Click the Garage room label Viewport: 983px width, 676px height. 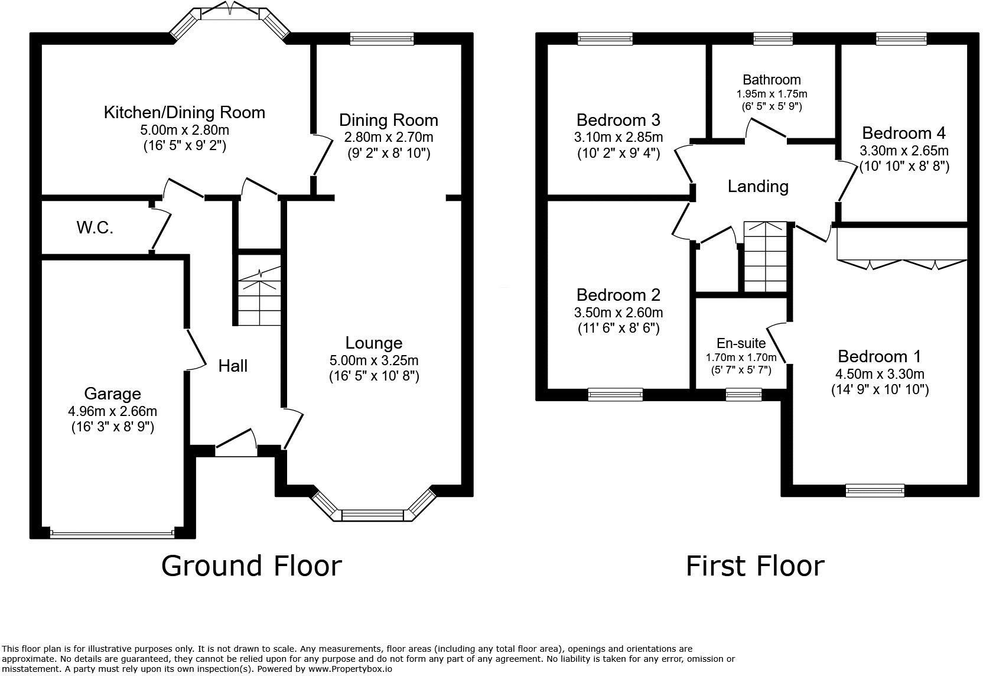[x=112, y=394]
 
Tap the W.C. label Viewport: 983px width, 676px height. [x=95, y=227]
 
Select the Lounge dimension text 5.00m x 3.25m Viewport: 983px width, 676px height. [x=374, y=360]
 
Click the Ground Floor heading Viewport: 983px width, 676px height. [x=252, y=566]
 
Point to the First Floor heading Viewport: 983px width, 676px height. [x=755, y=566]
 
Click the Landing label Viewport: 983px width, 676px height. [x=758, y=187]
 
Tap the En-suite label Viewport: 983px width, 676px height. [x=741, y=343]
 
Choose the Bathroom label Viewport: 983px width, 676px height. [x=772, y=79]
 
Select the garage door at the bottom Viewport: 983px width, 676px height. [x=112, y=535]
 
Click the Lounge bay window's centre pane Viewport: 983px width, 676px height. [x=372, y=515]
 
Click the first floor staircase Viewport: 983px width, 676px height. [x=765, y=257]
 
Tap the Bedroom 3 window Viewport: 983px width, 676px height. [x=605, y=38]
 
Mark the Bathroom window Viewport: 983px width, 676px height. [x=773, y=38]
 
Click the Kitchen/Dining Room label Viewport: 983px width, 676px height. [x=184, y=113]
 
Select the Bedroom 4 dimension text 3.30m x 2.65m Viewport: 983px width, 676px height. [x=904, y=151]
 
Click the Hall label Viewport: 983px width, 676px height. [x=233, y=366]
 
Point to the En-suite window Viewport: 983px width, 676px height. [x=743, y=394]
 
